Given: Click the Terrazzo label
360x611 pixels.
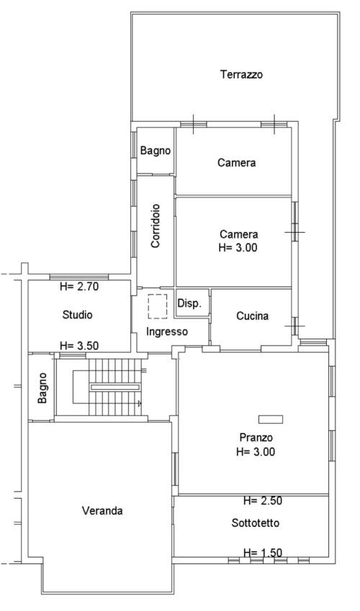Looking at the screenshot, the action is click(x=241, y=74).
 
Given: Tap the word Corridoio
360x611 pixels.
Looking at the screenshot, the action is click(x=156, y=226).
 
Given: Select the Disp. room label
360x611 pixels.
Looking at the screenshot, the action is click(x=189, y=303).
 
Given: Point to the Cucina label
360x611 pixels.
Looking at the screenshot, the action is click(x=252, y=316).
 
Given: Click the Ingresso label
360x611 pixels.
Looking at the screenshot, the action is click(x=167, y=331).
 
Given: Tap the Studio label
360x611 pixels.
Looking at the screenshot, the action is click(x=78, y=314).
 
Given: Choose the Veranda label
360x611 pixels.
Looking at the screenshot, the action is click(x=102, y=510).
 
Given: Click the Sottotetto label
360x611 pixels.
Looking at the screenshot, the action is click(x=256, y=522).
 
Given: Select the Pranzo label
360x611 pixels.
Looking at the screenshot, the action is click(x=256, y=437).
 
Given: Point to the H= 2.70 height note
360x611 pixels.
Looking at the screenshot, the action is click(x=79, y=287).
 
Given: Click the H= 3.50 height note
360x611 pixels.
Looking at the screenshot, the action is click(x=79, y=346).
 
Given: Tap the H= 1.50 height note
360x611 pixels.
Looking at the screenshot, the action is click(x=263, y=553).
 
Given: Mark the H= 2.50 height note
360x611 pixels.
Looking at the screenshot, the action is click(x=263, y=501).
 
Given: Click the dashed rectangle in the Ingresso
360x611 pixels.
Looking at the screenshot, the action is click(x=157, y=306).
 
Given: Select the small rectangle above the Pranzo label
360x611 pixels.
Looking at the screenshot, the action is click(x=271, y=419).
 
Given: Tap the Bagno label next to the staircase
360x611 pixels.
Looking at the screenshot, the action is click(x=42, y=388).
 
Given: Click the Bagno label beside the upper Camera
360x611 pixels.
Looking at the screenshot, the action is click(x=156, y=151).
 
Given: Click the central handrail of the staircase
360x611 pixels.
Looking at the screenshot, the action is click(x=114, y=388).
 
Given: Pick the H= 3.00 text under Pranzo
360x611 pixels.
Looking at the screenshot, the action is click(x=256, y=452).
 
